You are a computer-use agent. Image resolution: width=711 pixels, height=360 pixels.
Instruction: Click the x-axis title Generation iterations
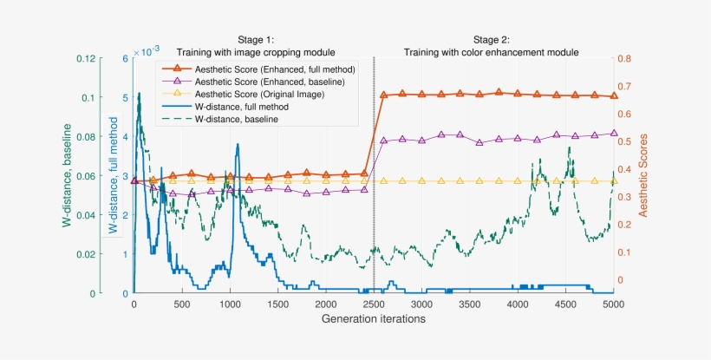(x=373, y=318)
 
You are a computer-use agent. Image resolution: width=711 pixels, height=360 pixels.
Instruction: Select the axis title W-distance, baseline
(x=66, y=174)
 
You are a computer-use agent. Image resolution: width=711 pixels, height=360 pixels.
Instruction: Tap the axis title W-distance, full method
(x=112, y=176)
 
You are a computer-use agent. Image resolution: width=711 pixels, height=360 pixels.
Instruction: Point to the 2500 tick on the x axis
(x=374, y=304)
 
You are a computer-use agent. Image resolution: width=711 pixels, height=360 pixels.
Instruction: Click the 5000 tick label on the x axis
(x=614, y=304)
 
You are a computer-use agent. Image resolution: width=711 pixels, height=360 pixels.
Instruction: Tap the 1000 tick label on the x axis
(x=230, y=304)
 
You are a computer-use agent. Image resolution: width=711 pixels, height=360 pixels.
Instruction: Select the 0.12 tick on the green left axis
(x=84, y=59)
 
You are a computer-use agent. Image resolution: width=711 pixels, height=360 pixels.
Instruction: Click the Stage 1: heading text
(x=256, y=40)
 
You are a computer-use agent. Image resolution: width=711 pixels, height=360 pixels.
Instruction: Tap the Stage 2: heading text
(x=492, y=40)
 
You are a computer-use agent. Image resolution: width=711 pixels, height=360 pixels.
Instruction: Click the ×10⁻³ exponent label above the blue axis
(x=140, y=52)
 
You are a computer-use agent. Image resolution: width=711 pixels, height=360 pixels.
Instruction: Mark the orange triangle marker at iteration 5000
(x=614, y=95)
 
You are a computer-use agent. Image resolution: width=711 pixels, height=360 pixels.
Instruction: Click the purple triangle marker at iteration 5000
(x=614, y=134)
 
